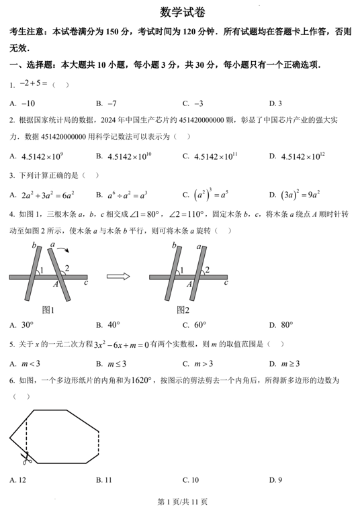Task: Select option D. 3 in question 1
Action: coord(275,103)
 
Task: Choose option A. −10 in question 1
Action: coord(23,103)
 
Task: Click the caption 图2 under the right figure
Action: coord(182,310)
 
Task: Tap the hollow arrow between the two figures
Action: coord(118,276)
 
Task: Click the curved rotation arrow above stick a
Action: coord(64,251)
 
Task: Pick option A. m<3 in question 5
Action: coord(26,363)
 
